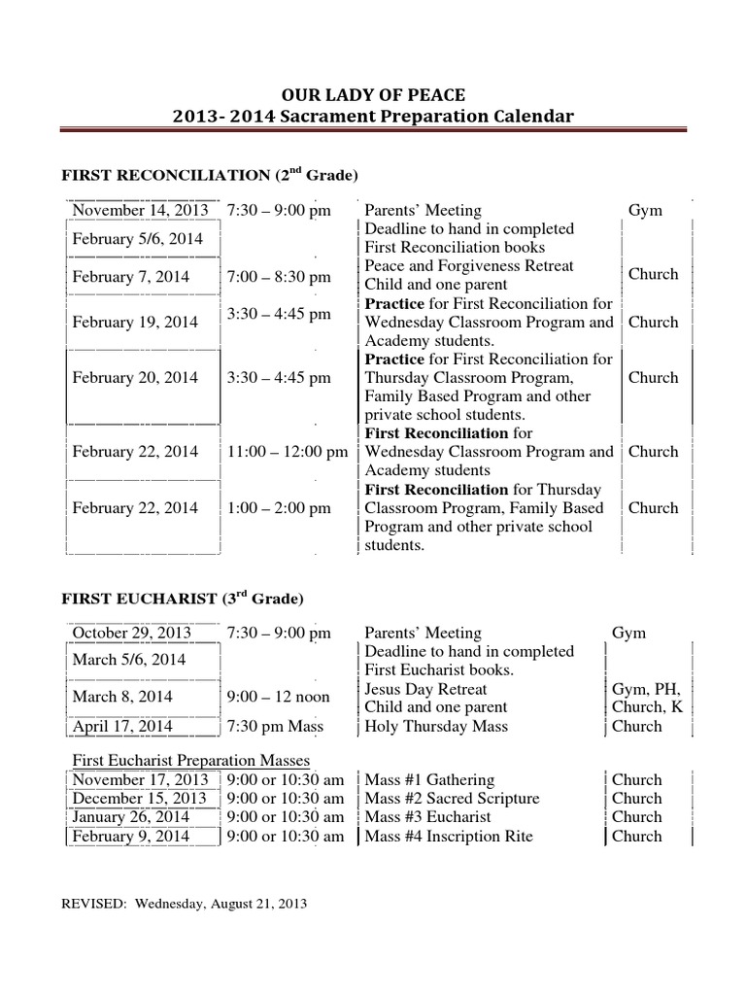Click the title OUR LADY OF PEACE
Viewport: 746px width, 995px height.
(373, 94)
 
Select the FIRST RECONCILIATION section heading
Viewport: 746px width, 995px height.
(210, 176)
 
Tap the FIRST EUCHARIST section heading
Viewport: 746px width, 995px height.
(183, 598)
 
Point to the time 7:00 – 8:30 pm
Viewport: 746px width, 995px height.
(279, 277)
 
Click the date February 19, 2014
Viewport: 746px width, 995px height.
(135, 323)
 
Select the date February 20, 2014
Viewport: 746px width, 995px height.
(135, 378)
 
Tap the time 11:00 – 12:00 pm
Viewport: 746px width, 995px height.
(288, 452)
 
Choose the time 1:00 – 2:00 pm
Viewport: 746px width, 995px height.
(279, 508)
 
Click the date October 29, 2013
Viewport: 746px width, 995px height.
(131, 633)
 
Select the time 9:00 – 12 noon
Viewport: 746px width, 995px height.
(278, 697)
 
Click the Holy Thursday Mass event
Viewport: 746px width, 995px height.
(432, 726)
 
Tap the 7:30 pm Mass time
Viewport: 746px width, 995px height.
(275, 726)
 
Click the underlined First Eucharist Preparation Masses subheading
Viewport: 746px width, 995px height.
(190, 760)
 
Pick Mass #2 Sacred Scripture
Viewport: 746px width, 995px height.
(452, 799)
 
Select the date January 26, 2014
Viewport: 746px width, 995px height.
(131, 817)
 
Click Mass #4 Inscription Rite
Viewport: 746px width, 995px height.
(449, 836)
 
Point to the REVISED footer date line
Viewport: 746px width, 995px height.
(184, 904)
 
